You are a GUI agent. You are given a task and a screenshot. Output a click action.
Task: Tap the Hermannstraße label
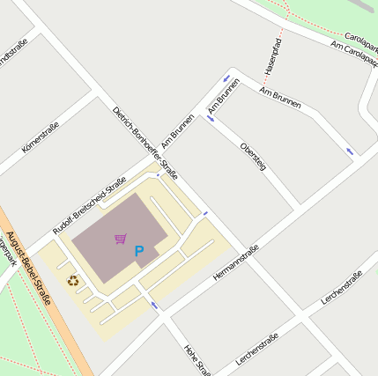[x=236, y=262]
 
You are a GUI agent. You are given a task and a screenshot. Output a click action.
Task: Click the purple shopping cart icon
[x=121, y=238]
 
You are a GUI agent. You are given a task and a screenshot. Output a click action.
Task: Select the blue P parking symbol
[x=138, y=252]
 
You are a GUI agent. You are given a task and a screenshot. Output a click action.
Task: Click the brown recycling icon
[x=72, y=281]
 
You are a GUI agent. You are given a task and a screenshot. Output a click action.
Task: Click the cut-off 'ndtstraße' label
[x=14, y=55]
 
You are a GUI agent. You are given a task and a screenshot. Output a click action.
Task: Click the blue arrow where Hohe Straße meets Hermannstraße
[x=154, y=305]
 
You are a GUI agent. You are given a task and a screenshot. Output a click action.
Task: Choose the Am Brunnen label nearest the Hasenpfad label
[x=281, y=98]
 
